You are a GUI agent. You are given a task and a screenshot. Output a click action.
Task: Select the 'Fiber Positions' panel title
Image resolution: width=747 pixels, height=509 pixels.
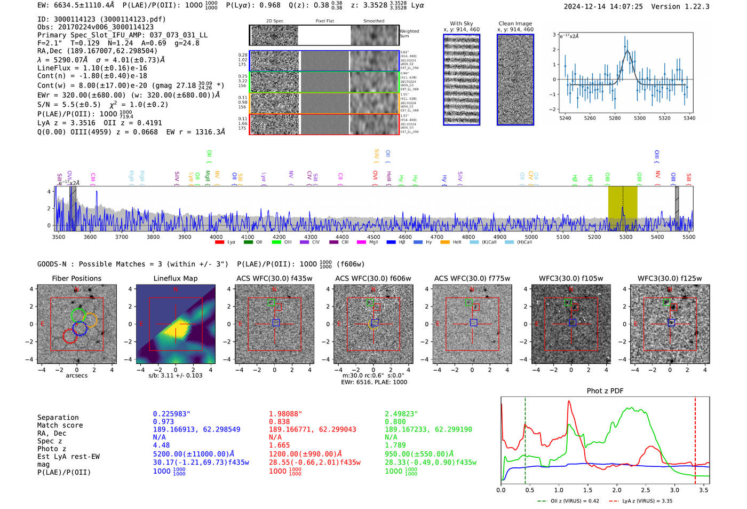(76, 278)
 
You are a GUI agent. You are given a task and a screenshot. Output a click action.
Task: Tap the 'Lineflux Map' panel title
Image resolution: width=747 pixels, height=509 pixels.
(175, 278)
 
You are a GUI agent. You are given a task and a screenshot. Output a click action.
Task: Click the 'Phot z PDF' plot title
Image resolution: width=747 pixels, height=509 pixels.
(605, 391)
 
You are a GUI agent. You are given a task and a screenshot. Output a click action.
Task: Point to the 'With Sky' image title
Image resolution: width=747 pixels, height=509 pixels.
(461, 24)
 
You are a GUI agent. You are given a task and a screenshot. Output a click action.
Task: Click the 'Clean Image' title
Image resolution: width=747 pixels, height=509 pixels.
(515, 24)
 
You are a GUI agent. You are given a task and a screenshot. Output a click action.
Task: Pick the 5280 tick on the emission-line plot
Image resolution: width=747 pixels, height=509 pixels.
(615, 118)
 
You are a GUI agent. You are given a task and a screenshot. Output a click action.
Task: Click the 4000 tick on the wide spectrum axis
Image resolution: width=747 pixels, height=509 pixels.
(216, 237)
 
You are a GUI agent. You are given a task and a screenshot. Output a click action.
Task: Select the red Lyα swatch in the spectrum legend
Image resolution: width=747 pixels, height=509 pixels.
(219, 242)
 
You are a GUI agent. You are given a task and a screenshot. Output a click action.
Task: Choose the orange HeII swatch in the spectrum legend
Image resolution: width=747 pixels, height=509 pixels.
(445, 242)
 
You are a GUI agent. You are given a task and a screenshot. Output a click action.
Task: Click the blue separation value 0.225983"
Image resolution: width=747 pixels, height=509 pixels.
(171, 414)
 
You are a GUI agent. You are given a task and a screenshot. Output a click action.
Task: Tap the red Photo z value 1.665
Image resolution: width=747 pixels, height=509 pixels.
(279, 445)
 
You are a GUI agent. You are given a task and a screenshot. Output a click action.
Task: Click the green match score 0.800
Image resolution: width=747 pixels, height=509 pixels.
(395, 421)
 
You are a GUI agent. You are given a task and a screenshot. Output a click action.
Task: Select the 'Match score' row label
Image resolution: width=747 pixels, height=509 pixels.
(60, 425)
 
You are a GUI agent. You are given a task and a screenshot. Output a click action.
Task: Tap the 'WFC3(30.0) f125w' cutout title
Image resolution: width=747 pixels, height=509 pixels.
(670, 278)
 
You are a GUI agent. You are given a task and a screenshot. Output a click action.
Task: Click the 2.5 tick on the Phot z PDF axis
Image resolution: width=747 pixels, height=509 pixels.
(646, 490)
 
